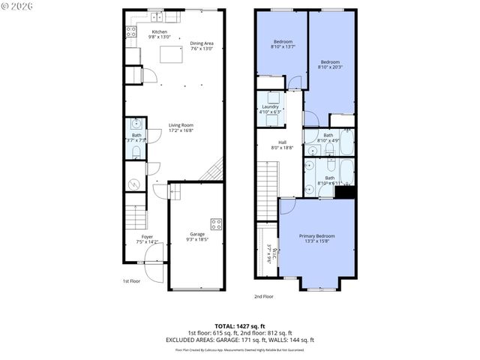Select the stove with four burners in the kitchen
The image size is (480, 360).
[130, 32]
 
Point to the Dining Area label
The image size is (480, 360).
[202, 43]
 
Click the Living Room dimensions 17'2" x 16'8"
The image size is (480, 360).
[180, 130]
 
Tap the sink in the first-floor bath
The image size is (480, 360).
[136, 124]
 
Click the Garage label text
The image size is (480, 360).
[196, 234]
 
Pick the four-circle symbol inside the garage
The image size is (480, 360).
[216, 223]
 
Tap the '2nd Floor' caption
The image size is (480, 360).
[262, 296]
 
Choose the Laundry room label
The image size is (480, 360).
[270, 106]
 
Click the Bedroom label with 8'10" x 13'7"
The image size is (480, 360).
[282, 41]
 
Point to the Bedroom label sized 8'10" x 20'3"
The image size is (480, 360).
[330, 61]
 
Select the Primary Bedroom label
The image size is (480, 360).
[319, 235]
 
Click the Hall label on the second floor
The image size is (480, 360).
[282, 142]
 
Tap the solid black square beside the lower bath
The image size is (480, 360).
[345, 193]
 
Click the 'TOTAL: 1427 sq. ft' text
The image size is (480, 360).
[240, 325]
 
